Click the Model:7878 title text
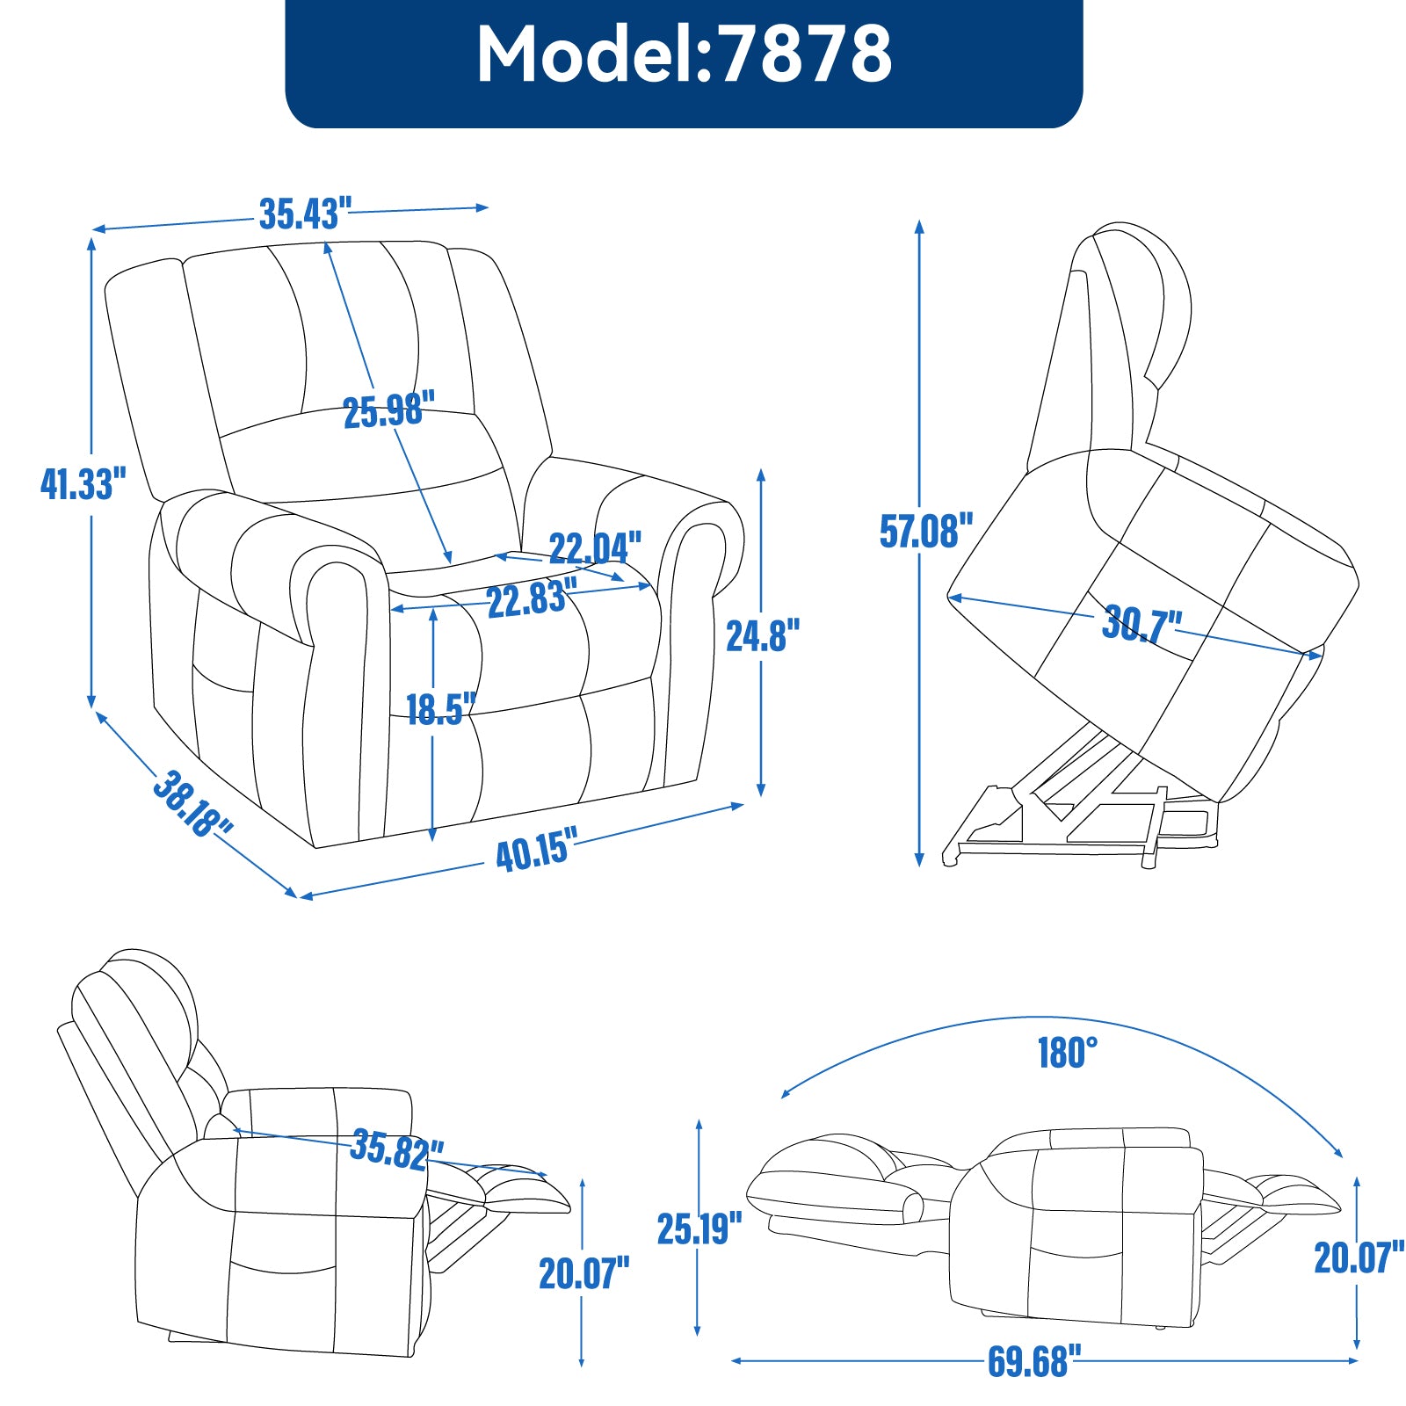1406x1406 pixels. tap(684, 54)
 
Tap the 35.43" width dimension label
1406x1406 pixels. tap(305, 214)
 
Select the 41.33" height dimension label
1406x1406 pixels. tap(83, 483)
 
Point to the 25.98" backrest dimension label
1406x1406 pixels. tap(388, 410)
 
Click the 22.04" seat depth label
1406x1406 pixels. tap(595, 547)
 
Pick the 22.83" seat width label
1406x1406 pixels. tap(532, 600)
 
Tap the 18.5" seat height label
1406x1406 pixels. tap(440, 708)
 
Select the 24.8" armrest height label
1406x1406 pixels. tap(763, 635)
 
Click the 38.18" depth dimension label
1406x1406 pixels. tap(192, 803)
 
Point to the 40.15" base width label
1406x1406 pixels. tap(537, 850)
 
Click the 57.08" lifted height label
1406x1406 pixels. tap(926, 531)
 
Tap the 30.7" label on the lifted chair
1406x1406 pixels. tap(1141, 624)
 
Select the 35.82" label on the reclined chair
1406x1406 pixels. tap(397, 1149)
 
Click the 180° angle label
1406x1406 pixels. tap(1067, 1052)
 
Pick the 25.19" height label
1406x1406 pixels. tap(699, 1228)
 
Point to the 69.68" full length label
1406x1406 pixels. tap(1028, 1361)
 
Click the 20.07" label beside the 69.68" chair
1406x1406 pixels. tap(1359, 1257)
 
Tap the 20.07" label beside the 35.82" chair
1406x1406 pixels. tap(583, 1273)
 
